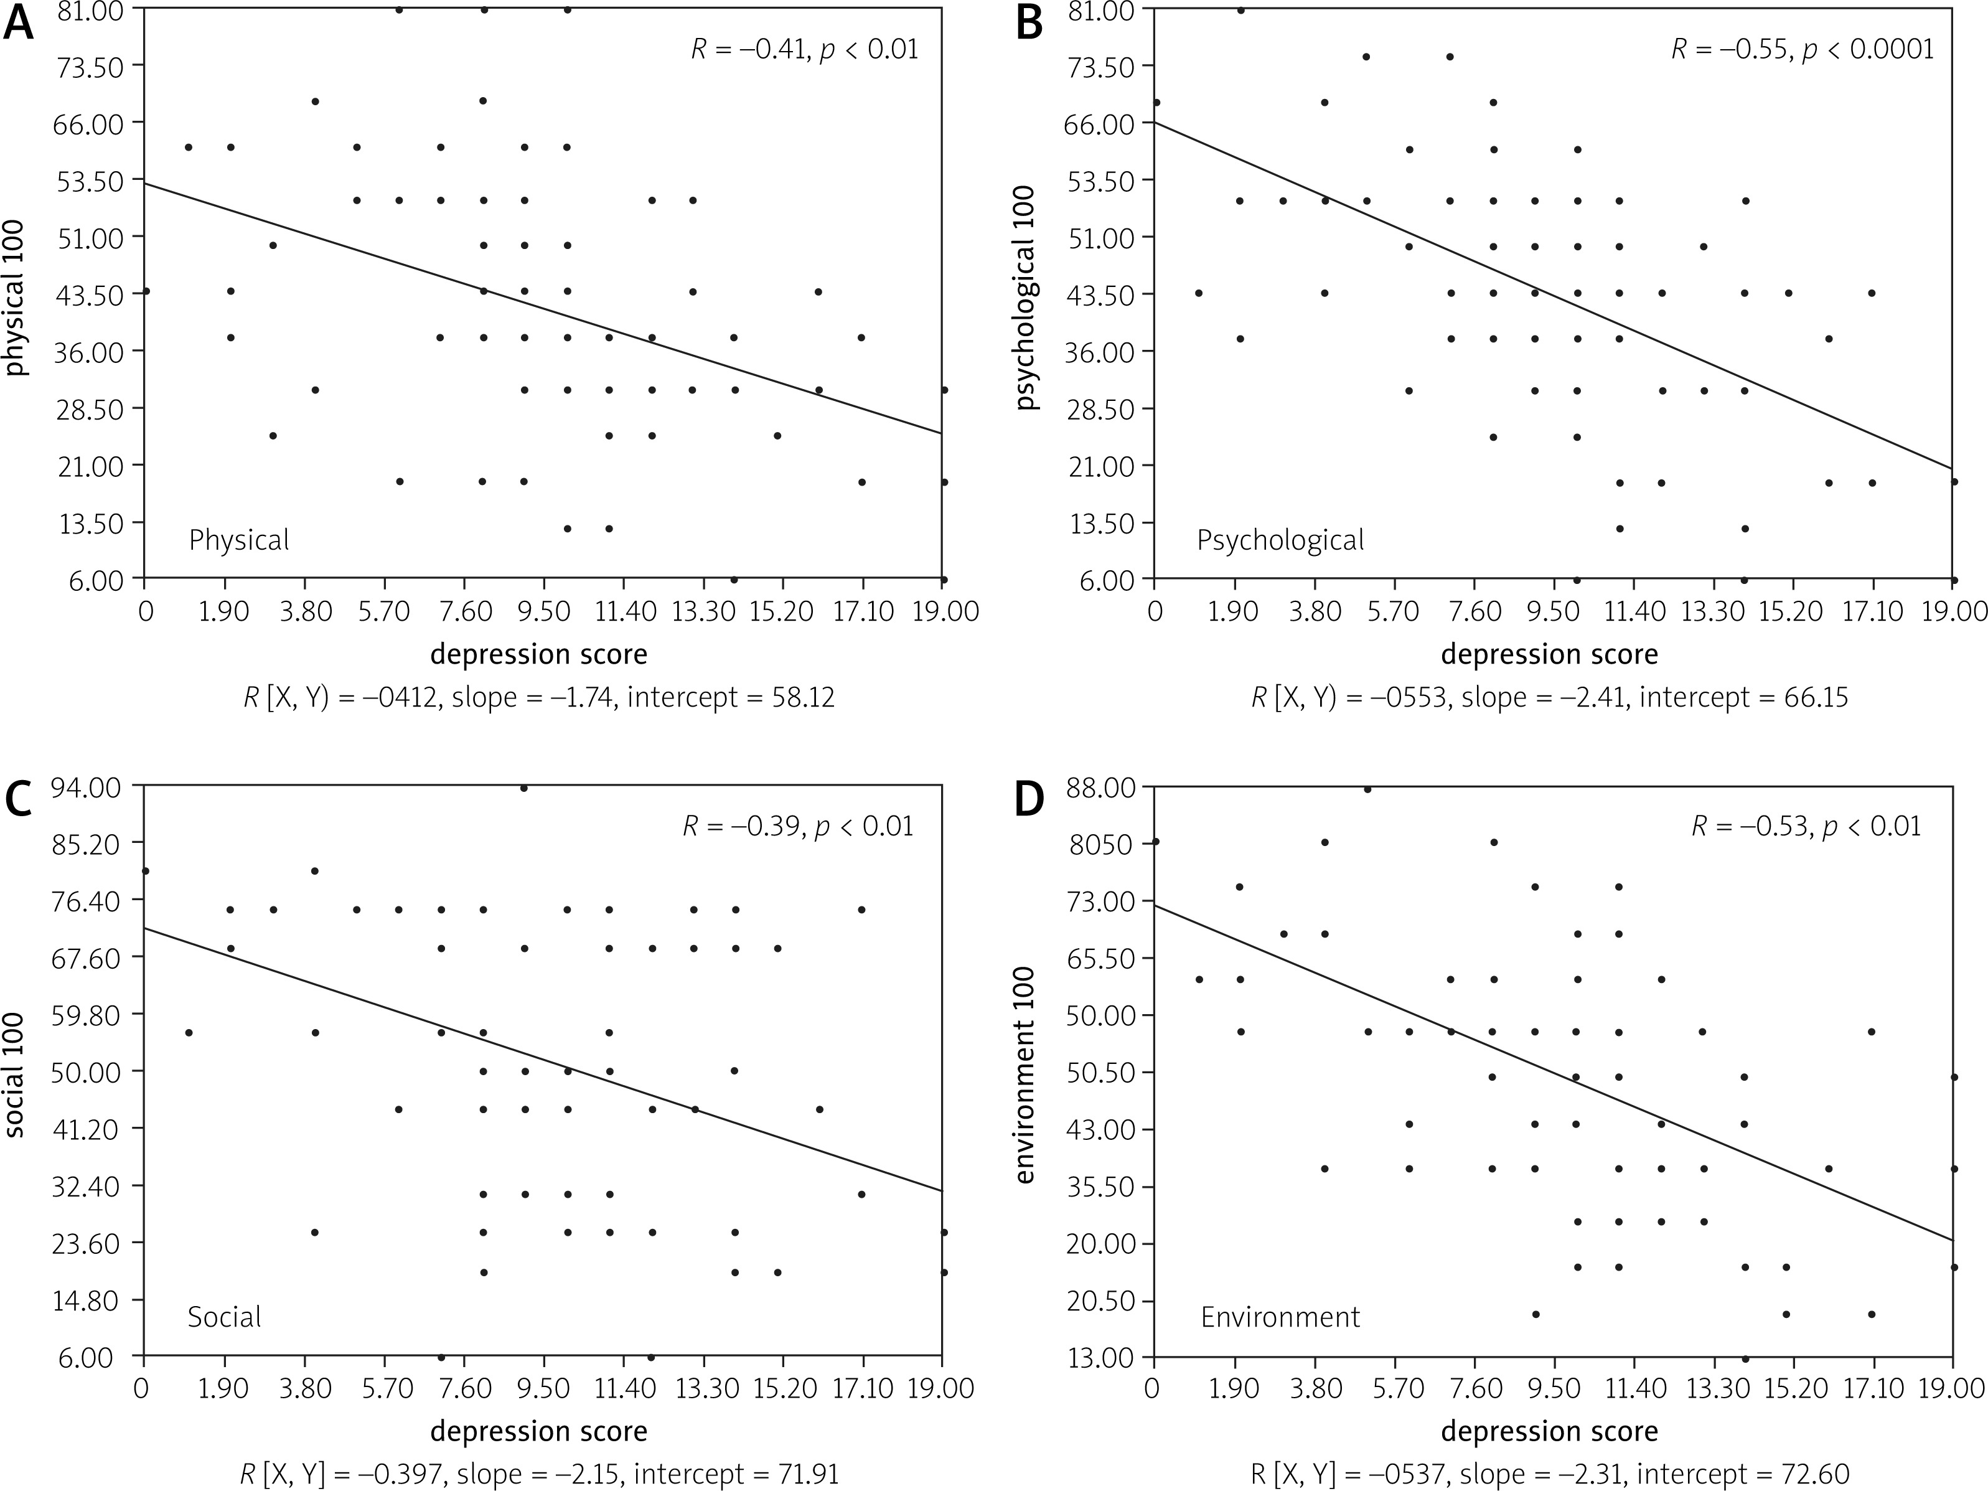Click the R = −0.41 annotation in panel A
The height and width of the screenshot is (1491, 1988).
click(x=804, y=49)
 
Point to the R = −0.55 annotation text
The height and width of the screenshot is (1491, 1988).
click(x=1802, y=49)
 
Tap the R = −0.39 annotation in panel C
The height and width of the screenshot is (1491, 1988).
click(x=797, y=826)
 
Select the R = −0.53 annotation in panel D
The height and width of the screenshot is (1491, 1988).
click(x=1806, y=826)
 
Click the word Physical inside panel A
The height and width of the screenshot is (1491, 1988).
click(x=239, y=540)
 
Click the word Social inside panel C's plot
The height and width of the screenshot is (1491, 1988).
click(x=224, y=1317)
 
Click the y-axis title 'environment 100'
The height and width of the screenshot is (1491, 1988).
click(x=1026, y=1075)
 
